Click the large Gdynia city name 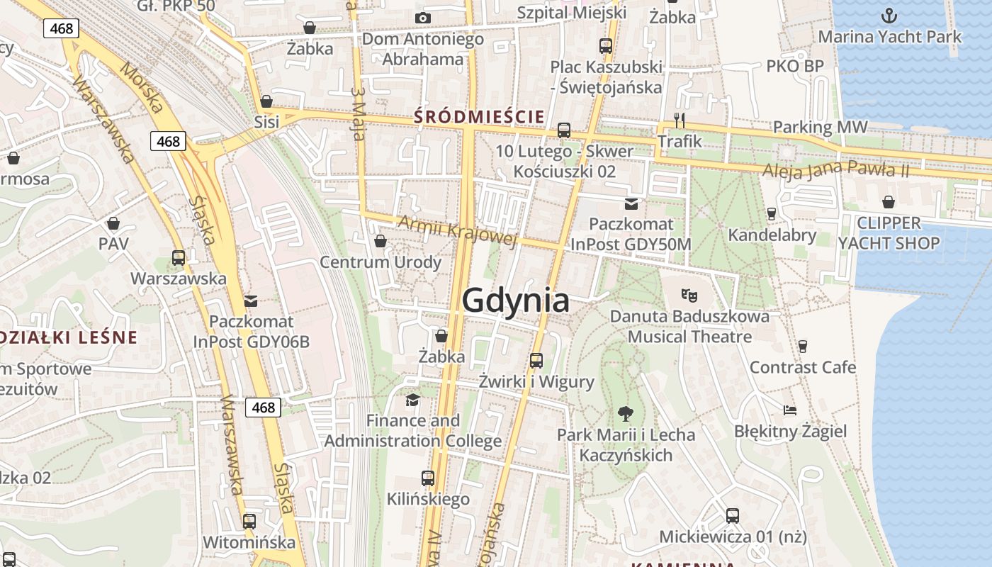tap(515, 301)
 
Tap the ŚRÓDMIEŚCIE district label tap(479, 117)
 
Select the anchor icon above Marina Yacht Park tap(889, 15)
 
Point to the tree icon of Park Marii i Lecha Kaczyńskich tap(625, 412)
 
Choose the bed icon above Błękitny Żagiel tap(790, 410)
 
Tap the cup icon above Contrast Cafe tap(803, 346)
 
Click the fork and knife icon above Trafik tap(680, 120)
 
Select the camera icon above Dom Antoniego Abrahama tap(422, 18)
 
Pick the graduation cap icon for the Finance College tap(412, 400)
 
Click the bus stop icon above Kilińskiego tap(428, 478)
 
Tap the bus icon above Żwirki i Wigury tap(536, 361)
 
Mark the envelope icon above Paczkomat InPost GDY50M tap(631, 204)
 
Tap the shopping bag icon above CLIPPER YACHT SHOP tap(889, 202)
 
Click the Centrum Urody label tap(381, 262)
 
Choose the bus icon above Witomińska tap(249, 522)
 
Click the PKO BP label tap(795, 66)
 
